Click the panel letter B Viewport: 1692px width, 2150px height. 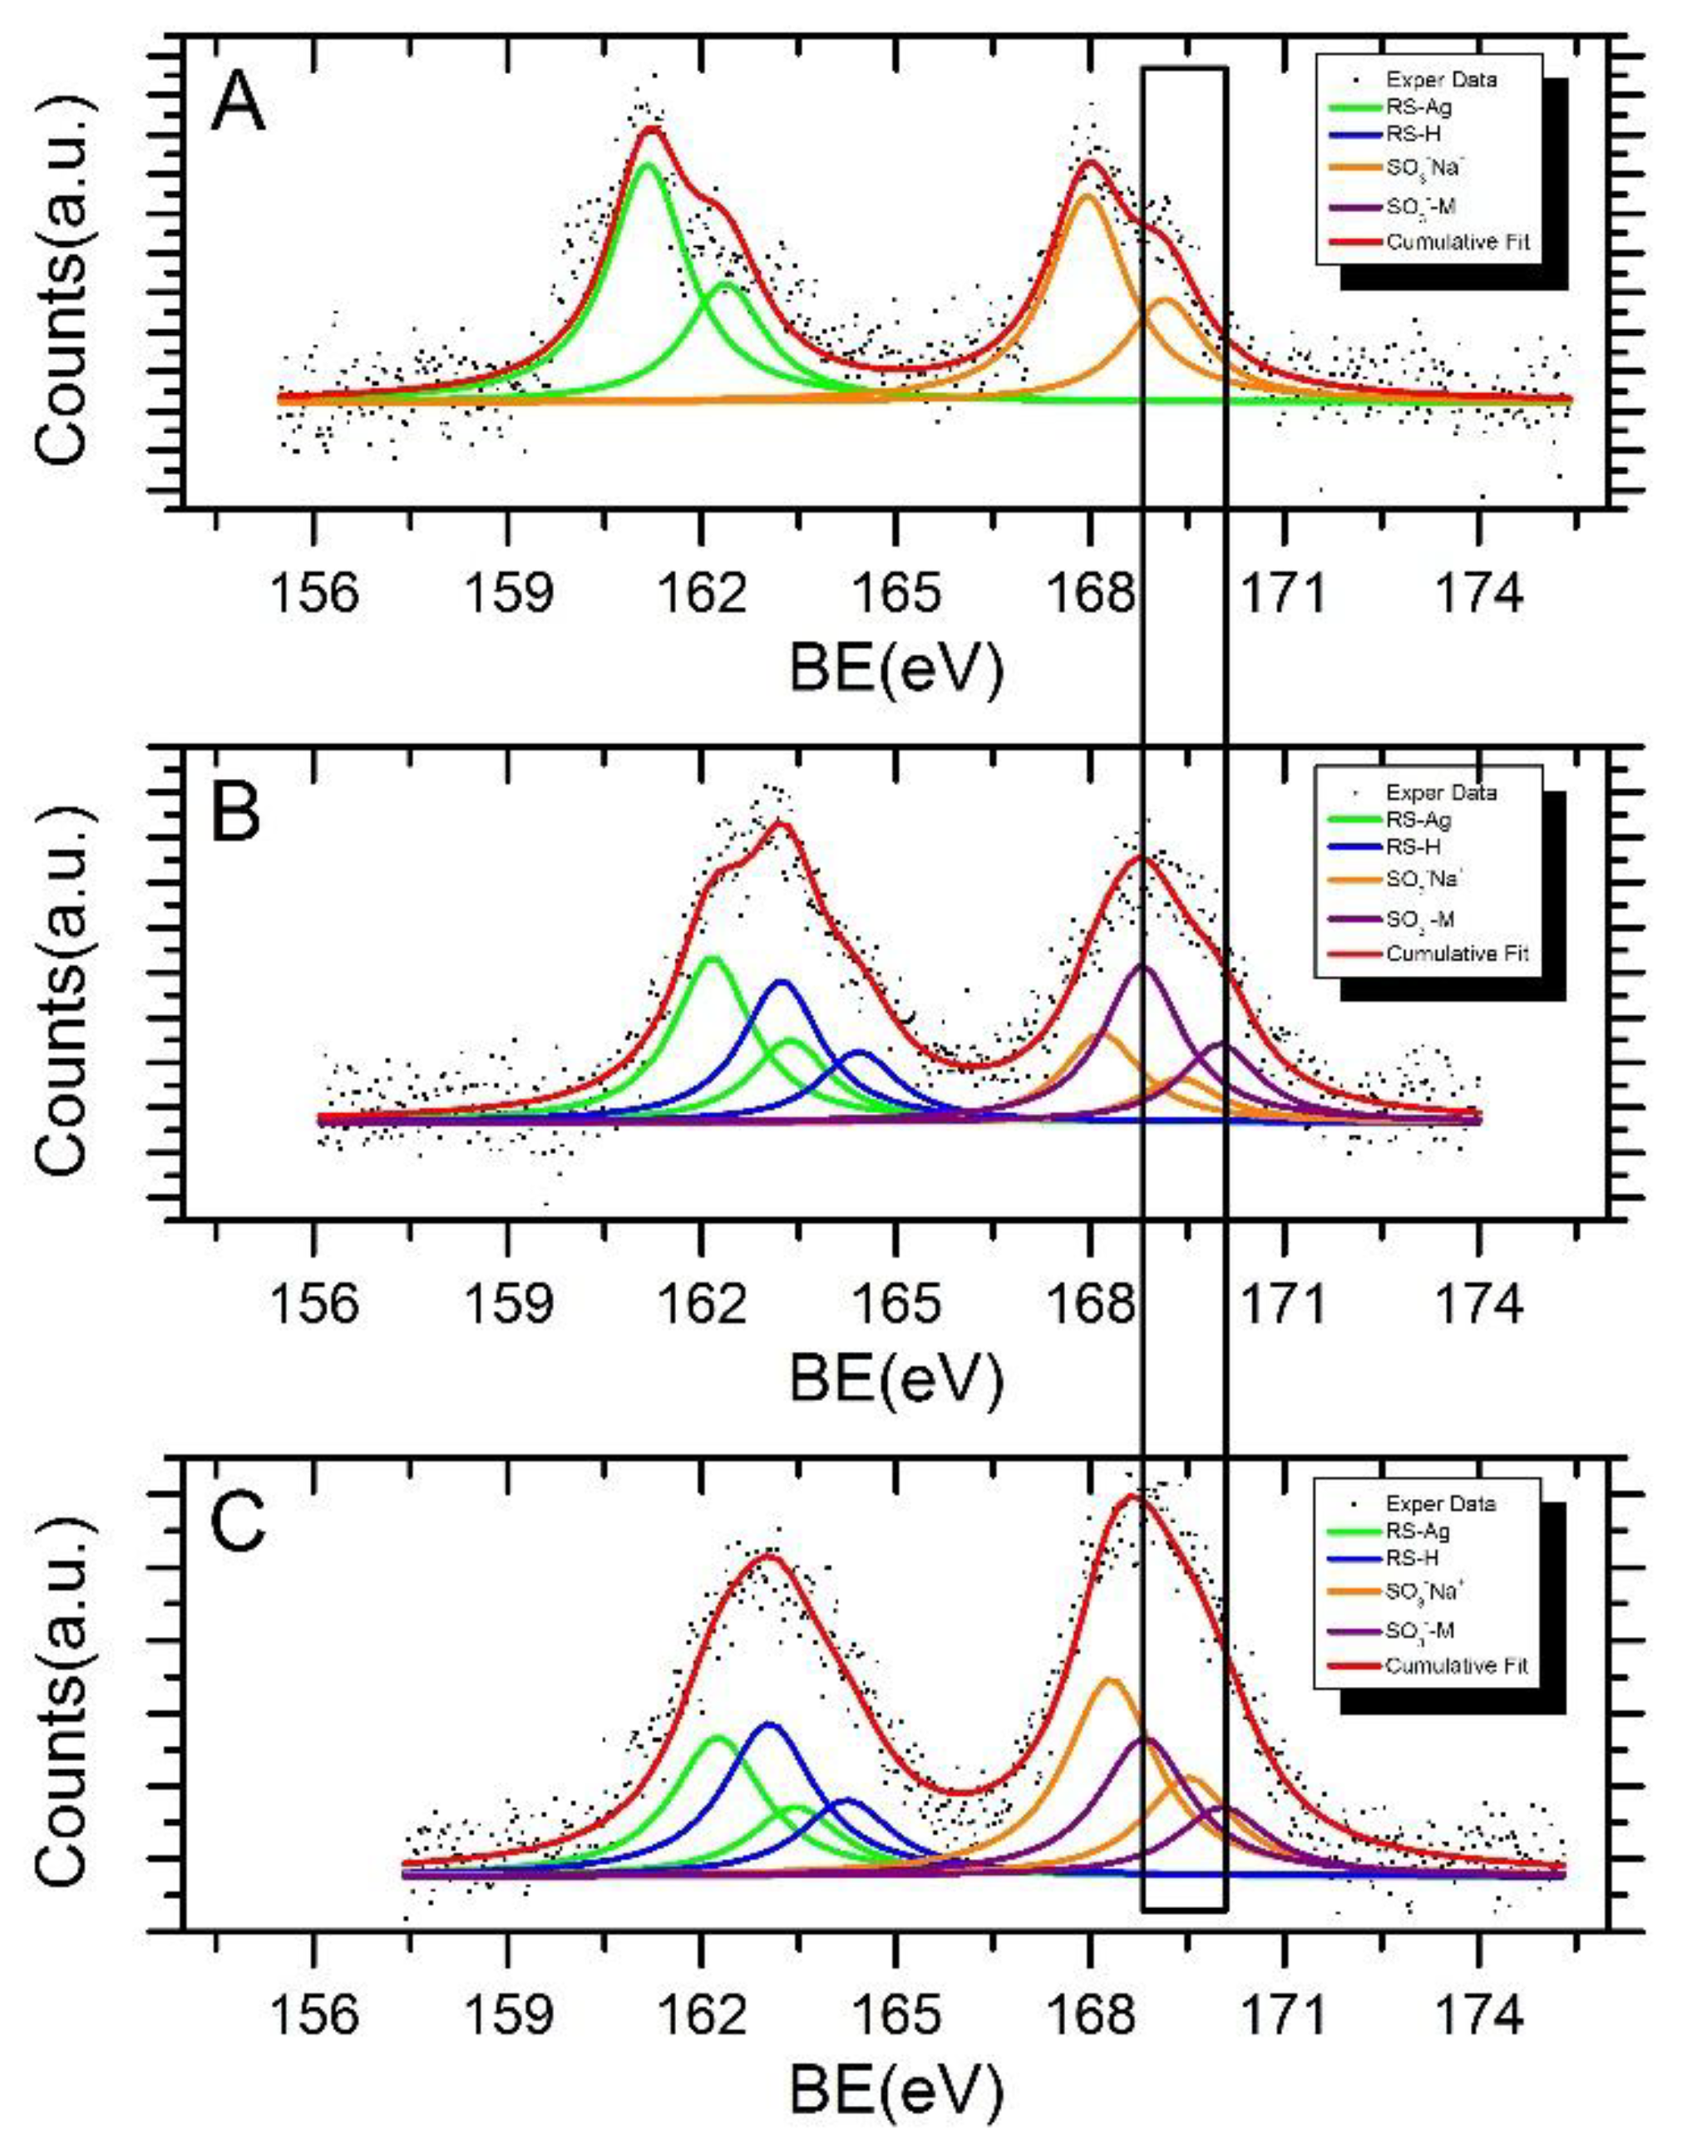pos(236,812)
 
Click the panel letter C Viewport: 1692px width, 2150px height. pos(238,1523)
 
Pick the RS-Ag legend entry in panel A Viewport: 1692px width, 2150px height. pos(1418,107)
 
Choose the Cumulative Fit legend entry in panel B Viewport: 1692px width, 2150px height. pos(1456,954)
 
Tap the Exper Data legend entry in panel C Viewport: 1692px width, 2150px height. pos(1439,1503)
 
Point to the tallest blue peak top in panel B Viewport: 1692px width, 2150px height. pos(782,981)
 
